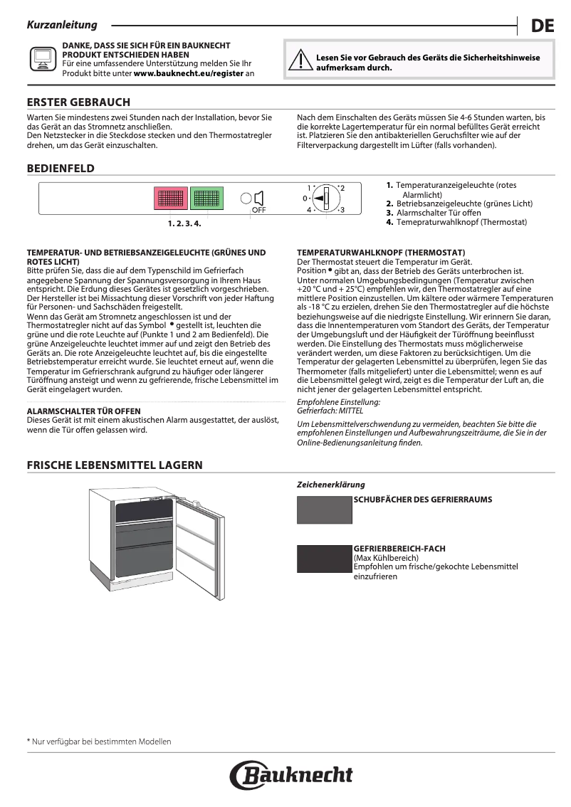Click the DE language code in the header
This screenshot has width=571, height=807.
542,27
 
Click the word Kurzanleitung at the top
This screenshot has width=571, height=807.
62,25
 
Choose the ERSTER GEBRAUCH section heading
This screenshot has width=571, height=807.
78,102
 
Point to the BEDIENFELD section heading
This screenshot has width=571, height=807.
61,168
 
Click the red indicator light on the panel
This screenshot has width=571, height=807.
171,199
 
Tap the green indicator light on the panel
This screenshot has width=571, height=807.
206,199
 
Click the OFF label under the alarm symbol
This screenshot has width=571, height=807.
258,211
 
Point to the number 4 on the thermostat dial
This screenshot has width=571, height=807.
310,211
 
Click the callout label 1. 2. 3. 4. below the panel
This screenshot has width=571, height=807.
184,223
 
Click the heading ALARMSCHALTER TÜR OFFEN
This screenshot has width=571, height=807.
83,411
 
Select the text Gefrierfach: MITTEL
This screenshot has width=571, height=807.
330,411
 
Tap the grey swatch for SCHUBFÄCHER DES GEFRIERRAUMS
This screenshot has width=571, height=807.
325,509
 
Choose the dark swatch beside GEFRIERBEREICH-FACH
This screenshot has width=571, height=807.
325,559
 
